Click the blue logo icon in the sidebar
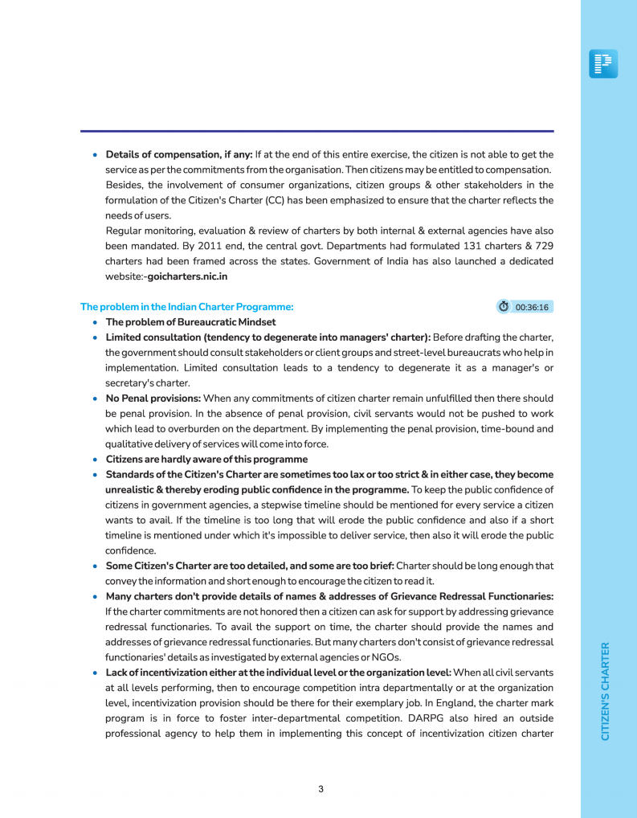click(x=603, y=63)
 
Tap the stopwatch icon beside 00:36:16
click(x=504, y=307)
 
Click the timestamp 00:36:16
click(x=532, y=307)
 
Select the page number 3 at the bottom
click(x=321, y=789)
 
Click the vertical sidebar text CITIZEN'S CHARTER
click(x=606, y=690)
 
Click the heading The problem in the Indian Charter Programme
click(x=187, y=307)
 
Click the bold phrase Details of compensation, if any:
click(x=179, y=154)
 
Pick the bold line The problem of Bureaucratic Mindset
click(x=190, y=322)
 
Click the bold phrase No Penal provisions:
click(x=153, y=399)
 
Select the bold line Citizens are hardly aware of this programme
click(x=206, y=460)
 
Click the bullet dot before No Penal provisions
click(x=96, y=399)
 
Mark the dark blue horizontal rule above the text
click(x=316, y=131)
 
